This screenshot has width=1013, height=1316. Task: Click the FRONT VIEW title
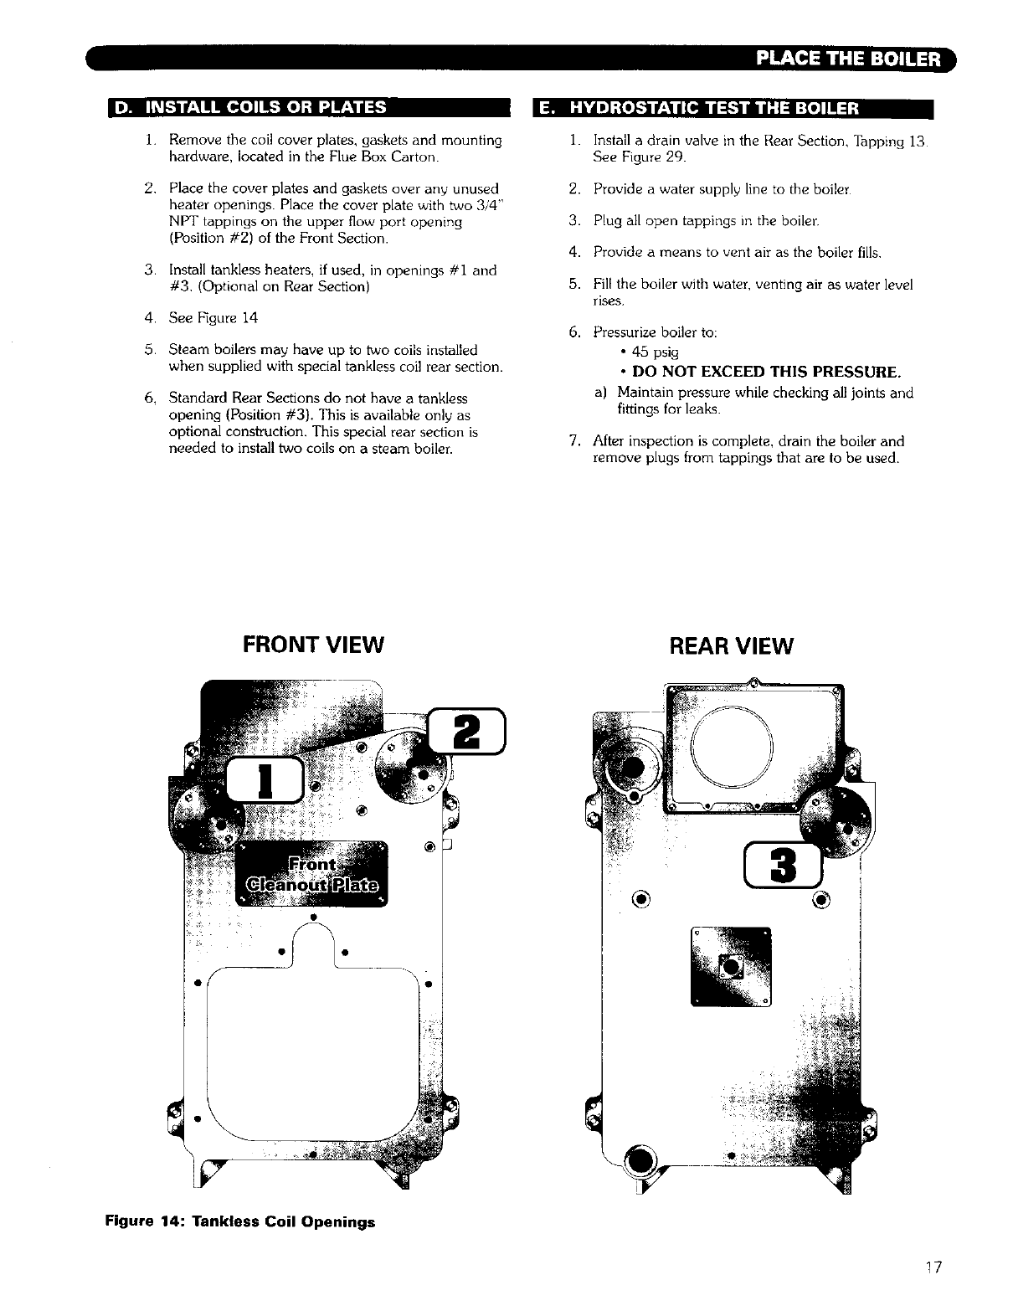click(313, 645)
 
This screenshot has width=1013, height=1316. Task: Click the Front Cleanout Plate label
click(311, 875)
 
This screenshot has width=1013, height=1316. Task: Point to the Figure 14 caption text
click(239, 1221)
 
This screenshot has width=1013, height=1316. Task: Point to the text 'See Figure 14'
click(213, 318)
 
